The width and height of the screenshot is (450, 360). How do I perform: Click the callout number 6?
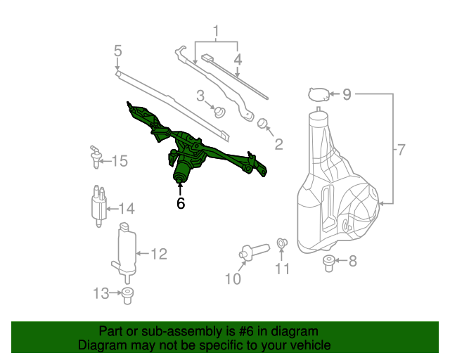pos(181,204)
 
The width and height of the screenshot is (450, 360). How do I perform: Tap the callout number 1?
pos(217,32)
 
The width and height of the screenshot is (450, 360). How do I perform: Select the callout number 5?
pos(117,50)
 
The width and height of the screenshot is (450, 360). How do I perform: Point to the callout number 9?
pos(347,94)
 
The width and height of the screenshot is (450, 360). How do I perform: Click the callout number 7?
pos(401,150)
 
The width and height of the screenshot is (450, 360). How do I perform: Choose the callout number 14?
pos(126,208)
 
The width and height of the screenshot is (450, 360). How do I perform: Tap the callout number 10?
pos(233,279)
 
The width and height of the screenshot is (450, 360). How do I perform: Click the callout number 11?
pos(282,269)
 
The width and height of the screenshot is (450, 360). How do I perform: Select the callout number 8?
pos(353,262)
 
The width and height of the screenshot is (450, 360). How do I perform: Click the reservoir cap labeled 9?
pos(319,94)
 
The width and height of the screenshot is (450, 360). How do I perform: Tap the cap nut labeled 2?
pos(264,124)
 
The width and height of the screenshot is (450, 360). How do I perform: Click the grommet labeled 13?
pos(127,295)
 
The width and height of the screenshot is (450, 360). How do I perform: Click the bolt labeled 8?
pos(328,263)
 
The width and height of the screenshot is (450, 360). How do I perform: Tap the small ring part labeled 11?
pos(281,243)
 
